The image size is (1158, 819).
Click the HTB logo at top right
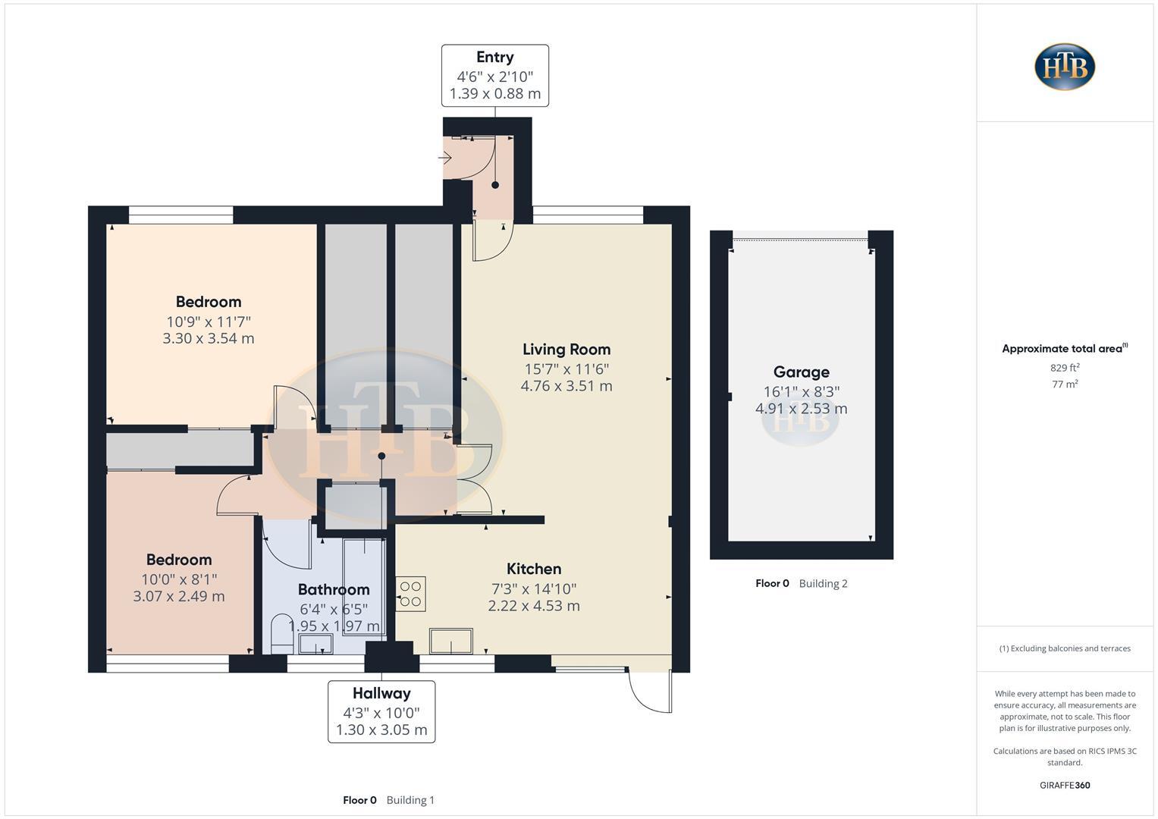click(x=1064, y=67)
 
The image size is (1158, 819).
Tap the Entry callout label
click(x=495, y=75)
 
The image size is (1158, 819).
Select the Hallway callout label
click(x=381, y=711)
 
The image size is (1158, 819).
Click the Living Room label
click(x=566, y=350)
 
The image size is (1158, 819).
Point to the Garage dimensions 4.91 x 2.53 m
click(x=801, y=409)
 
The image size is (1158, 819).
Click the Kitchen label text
click(x=534, y=569)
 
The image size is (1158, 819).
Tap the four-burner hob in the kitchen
click(x=411, y=594)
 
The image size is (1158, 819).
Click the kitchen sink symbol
click(x=451, y=642)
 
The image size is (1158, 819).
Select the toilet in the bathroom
click(x=282, y=634)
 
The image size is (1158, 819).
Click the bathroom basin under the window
click(x=315, y=645)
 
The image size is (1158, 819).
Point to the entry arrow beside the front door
click(x=445, y=158)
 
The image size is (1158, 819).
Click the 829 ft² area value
click(x=1065, y=368)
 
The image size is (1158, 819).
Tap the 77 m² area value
click(x=1065, y=384)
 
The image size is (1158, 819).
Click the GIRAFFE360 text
click(x=1065, y=785)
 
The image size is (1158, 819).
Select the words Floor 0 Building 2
click(x=801, y=583)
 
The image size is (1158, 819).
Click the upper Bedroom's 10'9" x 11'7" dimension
click(x=209, y=322)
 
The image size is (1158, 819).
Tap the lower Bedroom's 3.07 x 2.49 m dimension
click(x=179, y=596)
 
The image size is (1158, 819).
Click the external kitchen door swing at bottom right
click(x=651, y=691)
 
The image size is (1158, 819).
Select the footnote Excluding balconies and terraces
click(x=1065, y=648)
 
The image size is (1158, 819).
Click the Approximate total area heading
click(x=1062, y=349)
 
